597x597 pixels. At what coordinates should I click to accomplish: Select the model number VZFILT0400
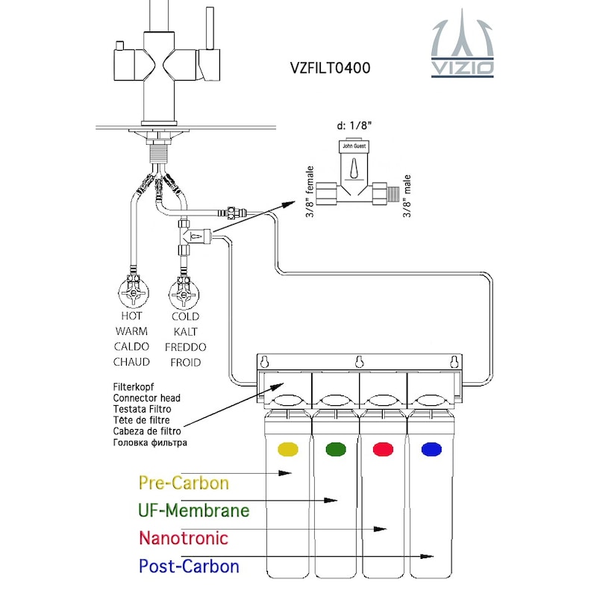(x=330, y=67)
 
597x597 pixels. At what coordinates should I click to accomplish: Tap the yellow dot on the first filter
(x=287, y=449)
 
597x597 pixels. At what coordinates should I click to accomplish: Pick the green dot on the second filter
(x=336, y=449)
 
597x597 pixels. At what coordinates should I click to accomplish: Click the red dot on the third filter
(x=383, y=449)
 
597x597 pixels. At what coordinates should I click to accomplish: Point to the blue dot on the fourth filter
(x=431, y=449)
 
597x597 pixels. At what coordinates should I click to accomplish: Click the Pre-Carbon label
(x=184, y=482)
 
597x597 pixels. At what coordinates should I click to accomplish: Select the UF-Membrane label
(x=193, y=510)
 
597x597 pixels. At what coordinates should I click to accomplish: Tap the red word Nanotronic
(x=183, y=537)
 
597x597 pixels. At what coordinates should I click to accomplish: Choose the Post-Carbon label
(x=189, y=566)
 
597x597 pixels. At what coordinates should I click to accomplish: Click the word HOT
(x=132, y=316)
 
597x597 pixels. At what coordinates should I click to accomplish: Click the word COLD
(x=185, y=316)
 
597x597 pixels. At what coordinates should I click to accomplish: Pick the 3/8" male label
(x=407, y=196)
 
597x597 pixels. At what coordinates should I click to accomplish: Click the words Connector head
(x=147, y=398)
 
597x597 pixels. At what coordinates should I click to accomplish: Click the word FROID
(x=185, y=362)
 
